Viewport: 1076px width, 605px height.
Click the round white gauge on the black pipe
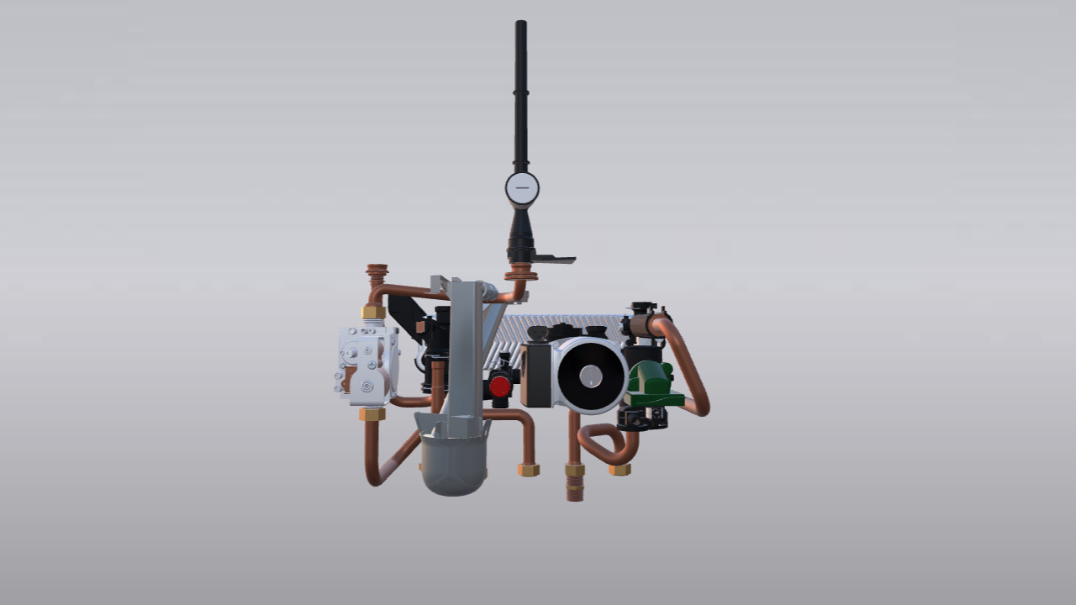(522, 188)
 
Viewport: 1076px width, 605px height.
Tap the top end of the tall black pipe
(521, 25)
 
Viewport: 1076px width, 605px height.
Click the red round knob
(500, 387)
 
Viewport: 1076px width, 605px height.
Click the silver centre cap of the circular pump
(592, 376)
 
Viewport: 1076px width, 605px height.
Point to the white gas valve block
(367, 361)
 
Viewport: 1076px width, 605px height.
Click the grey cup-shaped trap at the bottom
(453, 464)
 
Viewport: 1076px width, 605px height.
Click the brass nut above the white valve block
(373, 313)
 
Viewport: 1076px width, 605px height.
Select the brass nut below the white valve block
(372, 414)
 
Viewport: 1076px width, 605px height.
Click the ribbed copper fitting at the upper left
(377, 274)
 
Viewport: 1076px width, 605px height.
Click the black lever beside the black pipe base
(555, 259)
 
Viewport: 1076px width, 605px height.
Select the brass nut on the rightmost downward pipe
(620, 470)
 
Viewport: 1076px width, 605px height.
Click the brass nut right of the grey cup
(529, 470)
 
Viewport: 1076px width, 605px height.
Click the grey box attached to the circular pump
(535, 376)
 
